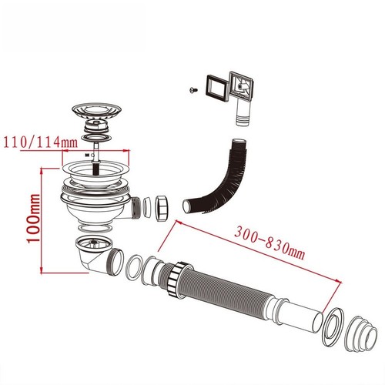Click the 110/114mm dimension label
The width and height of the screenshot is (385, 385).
point(40,142)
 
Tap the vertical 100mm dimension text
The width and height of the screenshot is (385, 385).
point(34,219)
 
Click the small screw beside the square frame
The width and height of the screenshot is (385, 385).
point(193,90)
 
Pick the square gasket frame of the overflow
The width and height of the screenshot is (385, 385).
point(216,88)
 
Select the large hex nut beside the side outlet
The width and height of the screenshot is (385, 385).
point(161,208)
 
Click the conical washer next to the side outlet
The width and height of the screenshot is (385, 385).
point(147,208)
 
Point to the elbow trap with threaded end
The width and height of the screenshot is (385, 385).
point(99,256)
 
